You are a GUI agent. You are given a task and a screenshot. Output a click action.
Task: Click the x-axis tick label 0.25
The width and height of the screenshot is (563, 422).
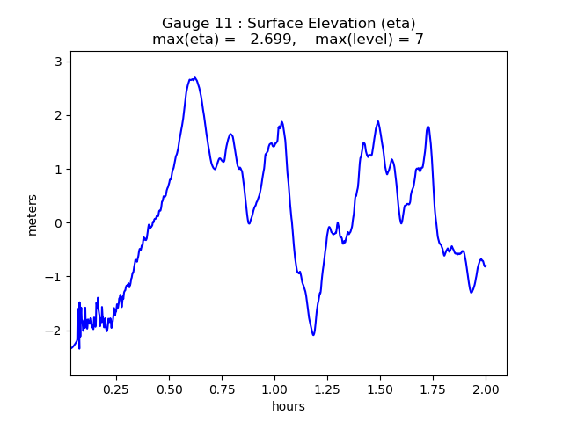[x=116, y=389]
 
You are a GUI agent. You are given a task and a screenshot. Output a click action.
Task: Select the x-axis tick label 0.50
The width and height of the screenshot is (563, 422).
[x=169, y=389]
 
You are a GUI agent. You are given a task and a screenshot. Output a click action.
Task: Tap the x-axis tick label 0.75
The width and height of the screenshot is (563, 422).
[x=222, y=389]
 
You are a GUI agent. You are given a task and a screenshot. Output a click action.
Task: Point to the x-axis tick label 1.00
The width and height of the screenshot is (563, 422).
[x=274, y=389]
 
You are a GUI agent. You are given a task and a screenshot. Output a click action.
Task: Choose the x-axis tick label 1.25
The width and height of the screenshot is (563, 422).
[x=327, y=389]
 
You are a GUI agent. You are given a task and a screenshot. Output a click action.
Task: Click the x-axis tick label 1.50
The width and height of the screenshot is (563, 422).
[x=380, y=389]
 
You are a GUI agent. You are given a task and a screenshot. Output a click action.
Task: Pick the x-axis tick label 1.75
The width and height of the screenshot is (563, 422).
[x=433, y=389]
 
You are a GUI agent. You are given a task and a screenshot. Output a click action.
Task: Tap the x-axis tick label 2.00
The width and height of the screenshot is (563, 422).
[x=486, y=389]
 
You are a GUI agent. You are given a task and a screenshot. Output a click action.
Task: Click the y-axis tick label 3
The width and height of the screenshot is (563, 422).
[x=57, y=62]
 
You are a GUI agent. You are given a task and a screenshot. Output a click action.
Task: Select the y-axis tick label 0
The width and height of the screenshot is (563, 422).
[x=57, y=223]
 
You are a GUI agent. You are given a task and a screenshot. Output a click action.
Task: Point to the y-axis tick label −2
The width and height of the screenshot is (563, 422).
[x=54, y=331]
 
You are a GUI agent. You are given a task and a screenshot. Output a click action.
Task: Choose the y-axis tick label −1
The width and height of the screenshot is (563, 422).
[x=54, y=277]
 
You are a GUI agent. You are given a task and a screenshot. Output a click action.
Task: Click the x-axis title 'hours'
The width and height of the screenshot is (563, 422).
[x=289, y=406]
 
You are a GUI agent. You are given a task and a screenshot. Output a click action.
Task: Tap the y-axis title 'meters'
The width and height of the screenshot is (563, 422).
[x=33, y=215]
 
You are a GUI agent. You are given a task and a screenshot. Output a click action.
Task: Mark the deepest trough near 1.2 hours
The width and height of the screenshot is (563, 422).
[x=312, y=334]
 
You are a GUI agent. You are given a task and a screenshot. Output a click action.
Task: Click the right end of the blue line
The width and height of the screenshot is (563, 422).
[x=486, y=266]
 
